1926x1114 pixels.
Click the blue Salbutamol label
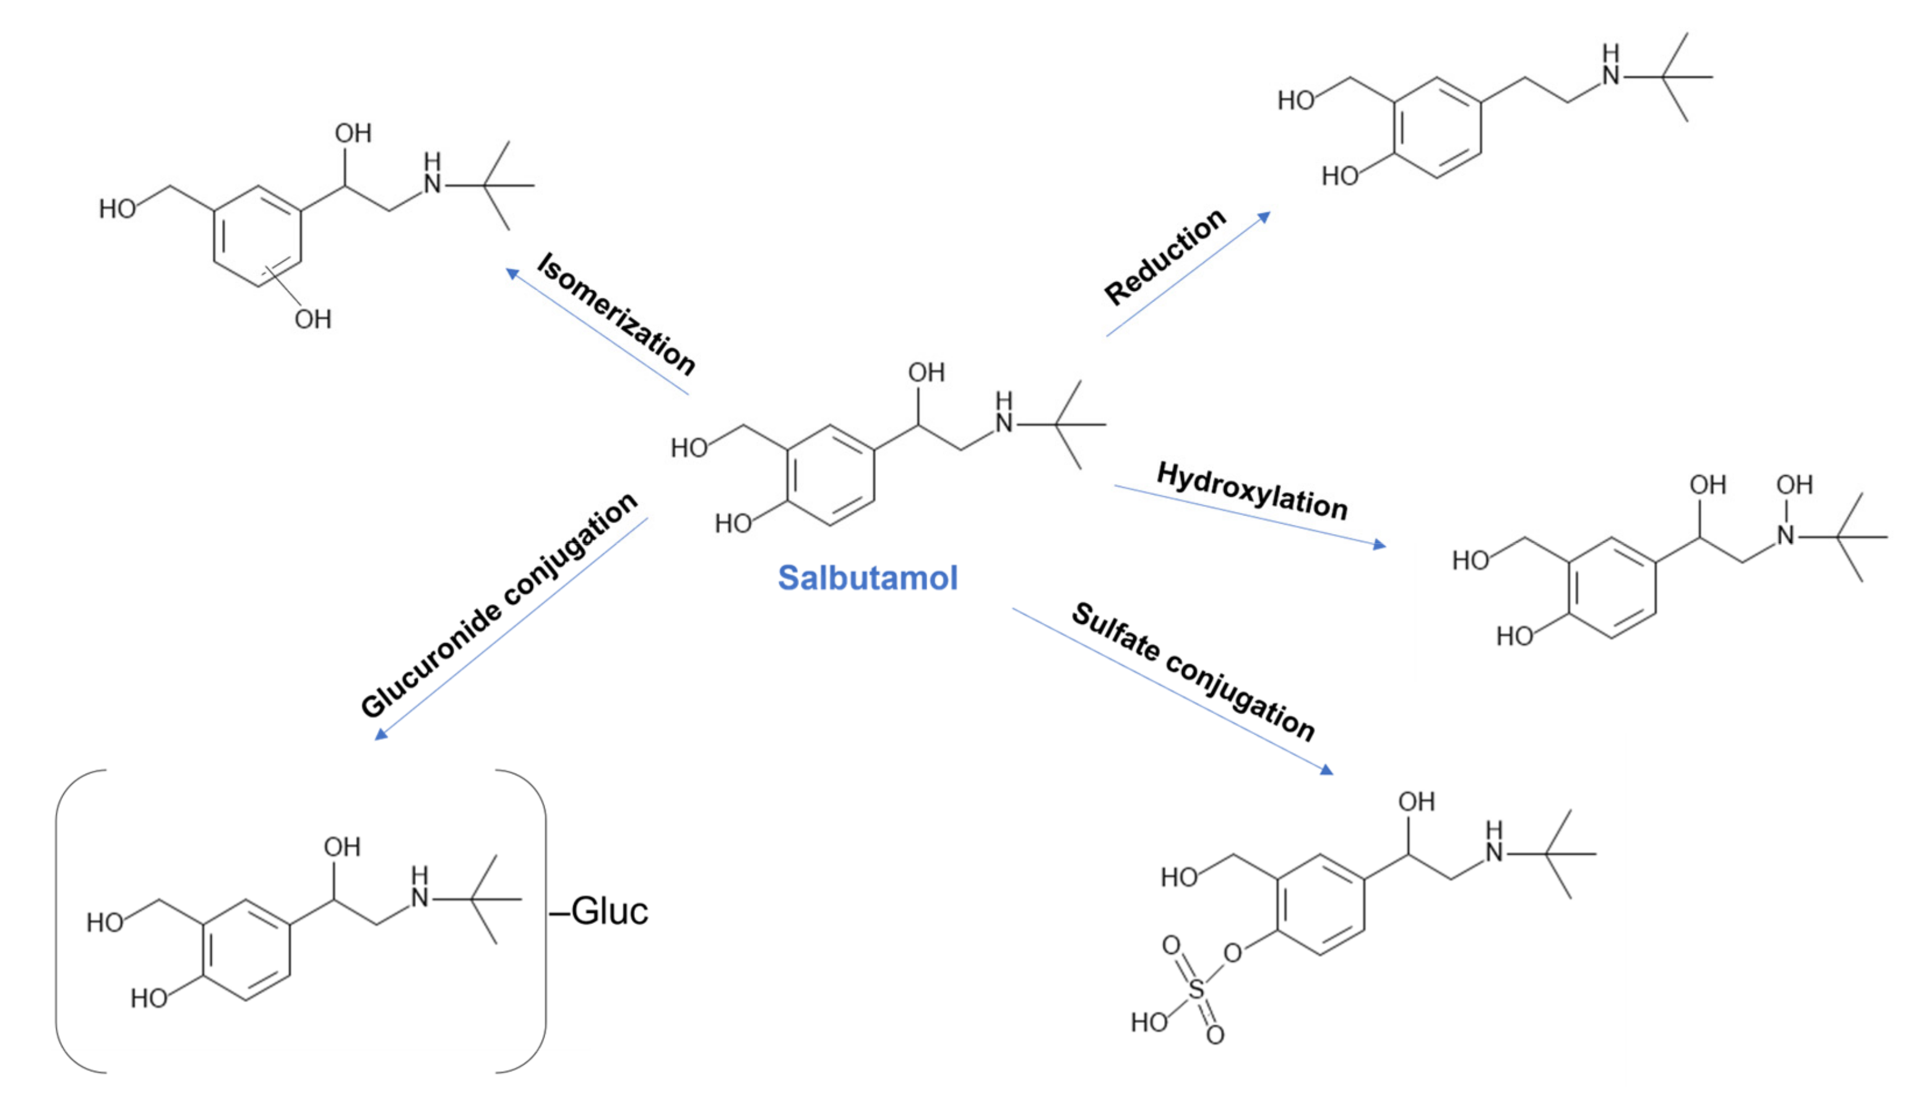click(868, 577)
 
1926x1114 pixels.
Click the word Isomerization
click(616, 314)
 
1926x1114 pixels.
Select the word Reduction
click(1165, 257)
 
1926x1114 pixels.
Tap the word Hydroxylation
click(1252, 491)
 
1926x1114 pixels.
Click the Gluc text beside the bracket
click(609, 911)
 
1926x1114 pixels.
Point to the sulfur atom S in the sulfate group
click(1196, 990)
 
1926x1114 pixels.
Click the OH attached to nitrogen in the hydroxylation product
click(1794, 485)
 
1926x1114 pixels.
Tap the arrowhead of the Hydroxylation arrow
click(1380, 545)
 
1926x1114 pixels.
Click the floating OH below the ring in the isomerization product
click(313, 319)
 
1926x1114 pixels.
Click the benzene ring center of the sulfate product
click(1320, 905)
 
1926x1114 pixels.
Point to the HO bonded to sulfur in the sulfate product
click(1149, 1022)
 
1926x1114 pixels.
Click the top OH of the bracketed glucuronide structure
click(342, 847)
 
